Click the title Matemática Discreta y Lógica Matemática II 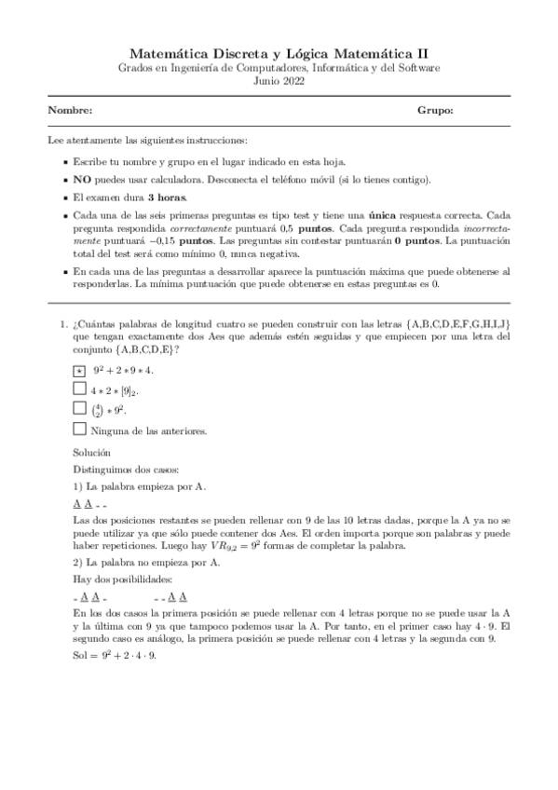(x=279, y=55)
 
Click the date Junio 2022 (x=279, y=82)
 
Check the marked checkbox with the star (x=79, y=371)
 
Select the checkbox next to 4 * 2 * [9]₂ (x=79, y=389)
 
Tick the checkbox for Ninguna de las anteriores (x=79, y=429)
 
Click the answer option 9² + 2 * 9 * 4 (x=124, y=371)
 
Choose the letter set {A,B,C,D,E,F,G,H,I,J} (x=451, y=323)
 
